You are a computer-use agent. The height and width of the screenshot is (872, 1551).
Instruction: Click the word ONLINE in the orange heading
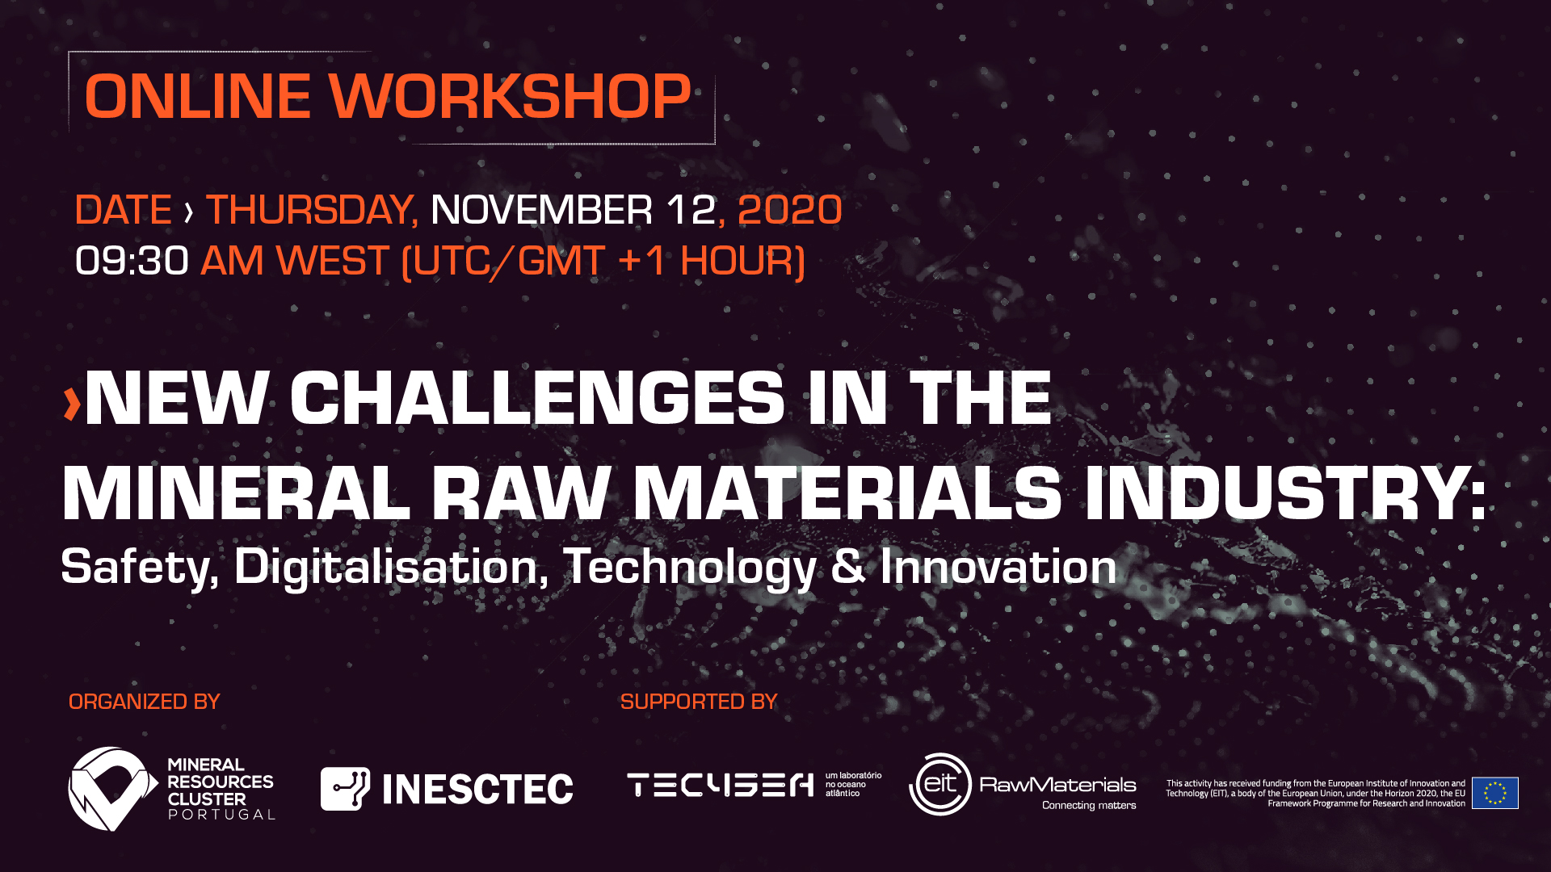point(198,97)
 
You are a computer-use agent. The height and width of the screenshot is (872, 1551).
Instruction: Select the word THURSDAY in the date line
point(312,210)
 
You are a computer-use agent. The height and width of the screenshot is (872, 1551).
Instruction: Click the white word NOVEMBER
point(541,210)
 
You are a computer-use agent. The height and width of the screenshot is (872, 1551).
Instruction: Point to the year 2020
point(790,210)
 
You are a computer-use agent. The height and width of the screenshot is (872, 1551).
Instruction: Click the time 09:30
point(132,261)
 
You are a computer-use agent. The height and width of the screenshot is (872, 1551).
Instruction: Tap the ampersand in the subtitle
point(848,566)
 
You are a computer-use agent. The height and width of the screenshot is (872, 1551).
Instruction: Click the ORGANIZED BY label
point(145,702)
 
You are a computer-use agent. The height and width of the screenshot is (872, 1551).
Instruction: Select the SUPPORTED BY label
point(699,702)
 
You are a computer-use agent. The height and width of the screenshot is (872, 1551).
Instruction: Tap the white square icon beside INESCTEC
point(346,789)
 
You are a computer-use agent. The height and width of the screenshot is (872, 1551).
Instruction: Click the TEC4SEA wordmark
point(721,785)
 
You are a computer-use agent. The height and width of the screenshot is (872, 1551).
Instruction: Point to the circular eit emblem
point(940,784)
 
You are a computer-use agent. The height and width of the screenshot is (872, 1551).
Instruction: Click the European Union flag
point(1495,793)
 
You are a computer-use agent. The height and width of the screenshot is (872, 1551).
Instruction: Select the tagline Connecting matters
point(1089,805)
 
